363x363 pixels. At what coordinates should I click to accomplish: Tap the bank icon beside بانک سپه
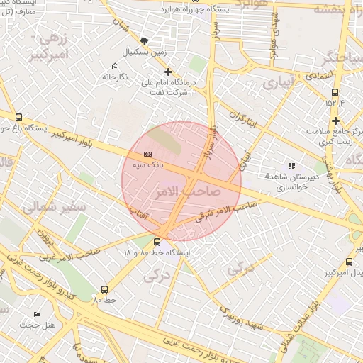pos(147,153)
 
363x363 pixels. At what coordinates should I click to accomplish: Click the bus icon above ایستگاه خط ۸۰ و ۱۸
pos(157,242)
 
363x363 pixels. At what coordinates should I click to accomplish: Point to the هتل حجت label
pos(33,325)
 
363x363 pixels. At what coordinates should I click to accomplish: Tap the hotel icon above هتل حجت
pos(38,314)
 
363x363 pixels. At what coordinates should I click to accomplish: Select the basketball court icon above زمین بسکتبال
pos(145,41)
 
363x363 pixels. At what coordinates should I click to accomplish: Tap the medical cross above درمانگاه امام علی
pos(168,72)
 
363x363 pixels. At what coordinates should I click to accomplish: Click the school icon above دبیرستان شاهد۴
pos(292,166)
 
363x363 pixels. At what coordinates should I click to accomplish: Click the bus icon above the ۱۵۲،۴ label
pos(335,91)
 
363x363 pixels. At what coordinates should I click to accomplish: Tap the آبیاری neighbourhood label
pos(277,84)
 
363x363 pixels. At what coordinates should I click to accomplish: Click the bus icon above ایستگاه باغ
pos(18,118)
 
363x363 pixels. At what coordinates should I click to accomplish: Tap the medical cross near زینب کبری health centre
pos(335,121)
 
